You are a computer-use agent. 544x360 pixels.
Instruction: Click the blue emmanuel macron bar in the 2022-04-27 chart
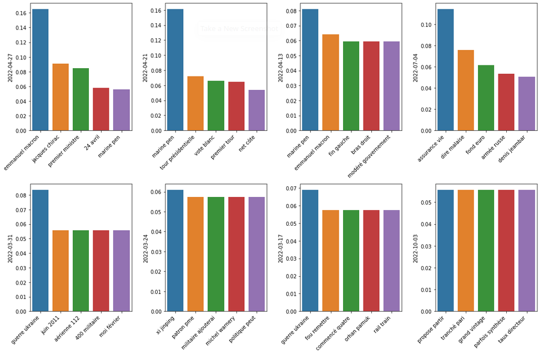pyautogui.click(x=40, y=70)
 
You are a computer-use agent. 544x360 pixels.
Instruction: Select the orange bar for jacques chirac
pyautogui.click(x=61, y=97)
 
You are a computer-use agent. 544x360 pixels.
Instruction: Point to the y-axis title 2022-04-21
pyautogui.click(x=145, y=67)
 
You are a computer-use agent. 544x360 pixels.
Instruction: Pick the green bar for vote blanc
pyautogui.click(x=215, y=105)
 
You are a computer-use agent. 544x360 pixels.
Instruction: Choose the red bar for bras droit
pyautogui.click(x=371, y=86)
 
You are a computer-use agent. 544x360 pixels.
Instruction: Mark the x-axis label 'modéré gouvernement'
pyautogui.click(x=370, y=156)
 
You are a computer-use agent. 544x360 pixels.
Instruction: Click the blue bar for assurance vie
pyautogui.click(x=445, y=70)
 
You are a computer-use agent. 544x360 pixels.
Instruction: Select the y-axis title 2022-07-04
pyautogui.click(x=416, y=67)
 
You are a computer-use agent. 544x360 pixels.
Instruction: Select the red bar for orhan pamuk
pyautogui.click(x=371, y=261)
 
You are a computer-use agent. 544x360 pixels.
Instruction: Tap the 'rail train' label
pyautogui.click(x=383, y=326)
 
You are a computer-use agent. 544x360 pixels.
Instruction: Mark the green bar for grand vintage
pyautogui.click(x=486, y=251)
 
